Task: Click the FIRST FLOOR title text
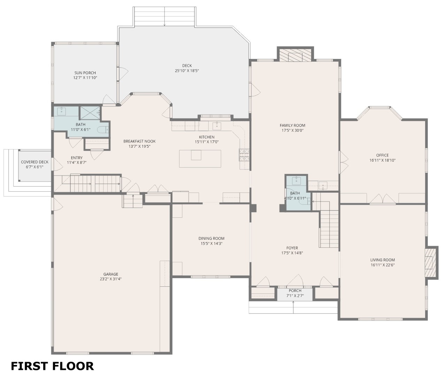click(52, 366)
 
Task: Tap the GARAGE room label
click(111, 274)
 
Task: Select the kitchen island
click(200, 159)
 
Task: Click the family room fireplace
click(295, 55)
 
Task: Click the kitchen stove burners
click(244, 155)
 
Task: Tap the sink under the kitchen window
click(217, 126)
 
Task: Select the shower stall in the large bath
click(90, 113)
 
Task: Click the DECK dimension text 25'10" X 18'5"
click(187, 71)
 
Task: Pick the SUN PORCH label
click(85, 73)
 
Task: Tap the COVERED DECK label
click(35, 162)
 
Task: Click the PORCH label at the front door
click(295, 291)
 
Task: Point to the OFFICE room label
click(382, 155)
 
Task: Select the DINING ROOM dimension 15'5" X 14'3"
click(212, 244)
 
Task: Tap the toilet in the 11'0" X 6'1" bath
click(103, 130)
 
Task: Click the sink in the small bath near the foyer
click(296, 180)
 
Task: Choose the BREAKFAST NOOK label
click(139, 141)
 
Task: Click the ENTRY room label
click(77, 158)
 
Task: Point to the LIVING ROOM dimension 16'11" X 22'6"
click(383, 265)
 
